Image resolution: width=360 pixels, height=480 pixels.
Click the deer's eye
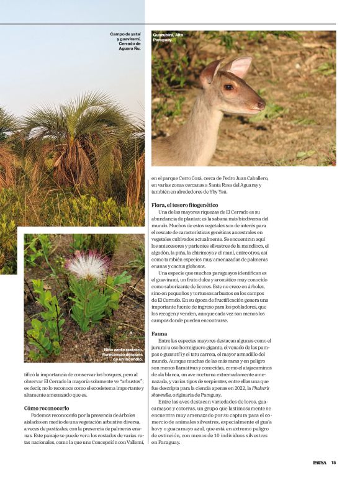click(x=229, y=87)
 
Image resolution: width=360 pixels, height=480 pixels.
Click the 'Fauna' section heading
click(x=160, y=334)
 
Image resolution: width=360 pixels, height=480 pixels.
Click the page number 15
click(x=333, y=462)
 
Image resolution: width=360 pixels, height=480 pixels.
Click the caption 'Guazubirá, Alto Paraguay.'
click(x=168, y=37)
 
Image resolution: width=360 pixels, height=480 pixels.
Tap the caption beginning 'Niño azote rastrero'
click(x=124, y=354)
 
